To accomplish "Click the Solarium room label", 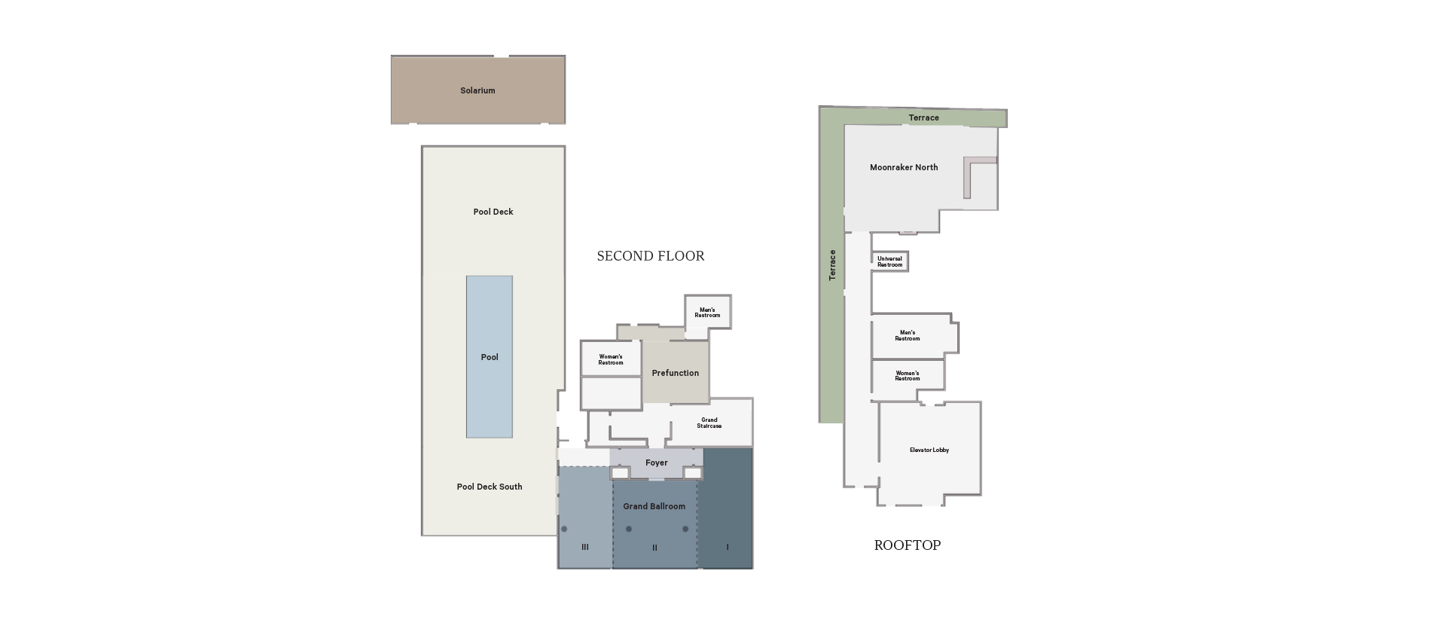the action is tap(477, 90).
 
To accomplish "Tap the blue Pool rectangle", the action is tap(490, 357).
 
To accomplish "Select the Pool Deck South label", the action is tap(490, 487).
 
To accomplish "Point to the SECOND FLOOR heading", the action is tap(651, 256).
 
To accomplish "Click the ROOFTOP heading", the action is tap(908, 545).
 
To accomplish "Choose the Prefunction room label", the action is tap(676, 373).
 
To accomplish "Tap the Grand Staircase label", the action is tap(709, 423).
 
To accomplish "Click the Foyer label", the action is tap(657, 463).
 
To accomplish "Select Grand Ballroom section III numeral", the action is tap(585, 548).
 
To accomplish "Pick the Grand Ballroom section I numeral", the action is tap(728, 548).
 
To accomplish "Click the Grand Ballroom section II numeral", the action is tap(654, 548).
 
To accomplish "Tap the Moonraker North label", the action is tap(904, 167).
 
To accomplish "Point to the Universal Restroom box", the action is tap(890, 261).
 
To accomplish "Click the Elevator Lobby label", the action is tap(929, 450).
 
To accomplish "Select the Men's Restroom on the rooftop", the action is tap(908, 335).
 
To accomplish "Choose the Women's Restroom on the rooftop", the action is tap(908, 375).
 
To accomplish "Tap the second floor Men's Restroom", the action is tap(707, 313).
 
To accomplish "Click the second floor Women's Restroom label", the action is tap(611, 359).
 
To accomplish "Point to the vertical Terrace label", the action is tap(832, 265).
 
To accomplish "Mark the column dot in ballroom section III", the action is tap(564, 529).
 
